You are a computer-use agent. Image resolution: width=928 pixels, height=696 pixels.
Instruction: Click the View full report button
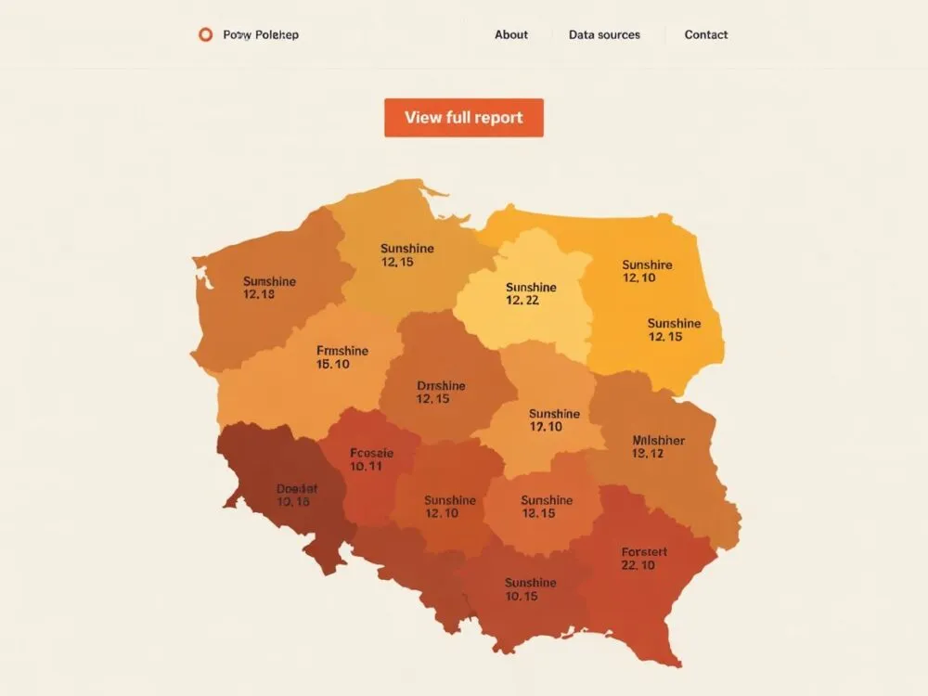click(464, 118)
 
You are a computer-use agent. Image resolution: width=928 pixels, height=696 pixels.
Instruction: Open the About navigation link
click(510, 35)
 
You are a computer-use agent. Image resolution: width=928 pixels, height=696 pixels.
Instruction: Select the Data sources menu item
click(604, 35)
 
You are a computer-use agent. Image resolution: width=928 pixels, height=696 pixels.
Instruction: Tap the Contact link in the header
click(706, 35)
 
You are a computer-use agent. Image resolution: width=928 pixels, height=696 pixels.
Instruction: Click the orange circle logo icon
click(205, 35)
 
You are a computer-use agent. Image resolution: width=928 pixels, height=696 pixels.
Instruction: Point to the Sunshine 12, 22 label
click(531, 294)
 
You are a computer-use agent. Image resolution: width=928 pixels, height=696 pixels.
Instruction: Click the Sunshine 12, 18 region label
click(269, 288)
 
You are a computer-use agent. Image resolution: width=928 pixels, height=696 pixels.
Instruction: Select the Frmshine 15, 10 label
click(342, 357)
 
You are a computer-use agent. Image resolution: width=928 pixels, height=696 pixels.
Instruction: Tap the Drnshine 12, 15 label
click(441, 392)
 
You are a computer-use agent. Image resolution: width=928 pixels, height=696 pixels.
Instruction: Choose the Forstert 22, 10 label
click(644, 558)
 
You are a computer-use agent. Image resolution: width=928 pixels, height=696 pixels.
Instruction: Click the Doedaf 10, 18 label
click(296, 495)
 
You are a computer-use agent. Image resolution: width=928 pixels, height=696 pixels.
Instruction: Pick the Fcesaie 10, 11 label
click(371, 459)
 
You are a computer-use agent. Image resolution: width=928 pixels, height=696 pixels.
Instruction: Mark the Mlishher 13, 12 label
click(658, 446)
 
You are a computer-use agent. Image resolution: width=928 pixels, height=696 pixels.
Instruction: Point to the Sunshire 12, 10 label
click(647, 271)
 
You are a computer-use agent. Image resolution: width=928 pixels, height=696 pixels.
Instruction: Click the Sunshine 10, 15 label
click(530, 589)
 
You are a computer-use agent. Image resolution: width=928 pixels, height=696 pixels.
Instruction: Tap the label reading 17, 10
click(546, 427)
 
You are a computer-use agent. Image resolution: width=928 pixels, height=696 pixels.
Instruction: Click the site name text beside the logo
click(261, 35)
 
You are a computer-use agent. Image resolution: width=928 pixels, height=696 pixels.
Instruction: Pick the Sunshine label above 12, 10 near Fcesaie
click(449, 500)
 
